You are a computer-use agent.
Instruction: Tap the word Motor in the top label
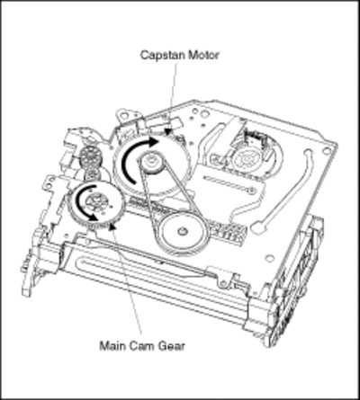[203, 55]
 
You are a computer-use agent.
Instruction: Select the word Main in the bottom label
[112, 346]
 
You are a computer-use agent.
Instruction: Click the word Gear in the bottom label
[172, 346]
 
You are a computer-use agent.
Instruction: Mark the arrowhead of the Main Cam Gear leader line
[112, 227]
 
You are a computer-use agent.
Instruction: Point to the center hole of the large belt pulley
[182, 231]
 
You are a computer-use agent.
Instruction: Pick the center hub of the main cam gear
[94, 201]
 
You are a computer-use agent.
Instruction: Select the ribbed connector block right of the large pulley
[229, 232]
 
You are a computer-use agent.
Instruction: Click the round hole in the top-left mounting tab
[124, 114]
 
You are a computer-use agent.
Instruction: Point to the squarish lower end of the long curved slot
[257, 227]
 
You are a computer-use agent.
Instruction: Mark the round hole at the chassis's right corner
[326, 150]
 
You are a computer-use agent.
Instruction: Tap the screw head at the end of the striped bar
[253, 191]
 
